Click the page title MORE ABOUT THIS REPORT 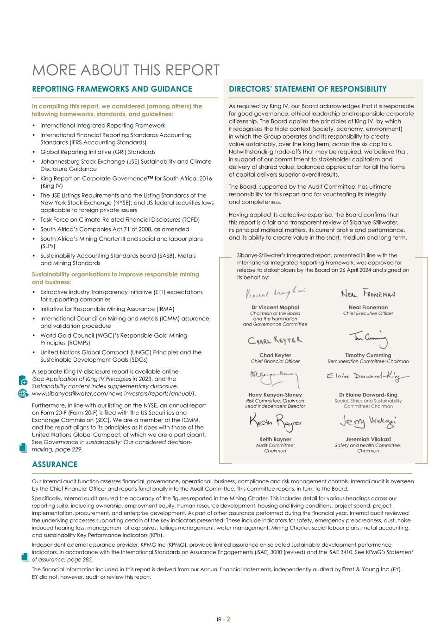(x=126, y=70)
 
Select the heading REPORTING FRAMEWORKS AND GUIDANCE (x=112, y=89)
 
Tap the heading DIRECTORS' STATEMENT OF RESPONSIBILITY (x=308, y=89)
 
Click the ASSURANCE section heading (x=55, y=464)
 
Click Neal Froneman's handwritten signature (x=368, y=294)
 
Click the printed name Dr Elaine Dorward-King (x=368, y=395)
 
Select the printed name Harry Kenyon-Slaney (x=275, y=395)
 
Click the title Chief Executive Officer (x=368, y=313)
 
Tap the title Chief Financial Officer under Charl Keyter (x=275, y=361)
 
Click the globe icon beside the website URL (x=23, y=394)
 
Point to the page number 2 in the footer (x=228, y=619)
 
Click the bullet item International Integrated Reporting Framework (x=102, y=126)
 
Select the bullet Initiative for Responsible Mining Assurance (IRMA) (x=101, y=309)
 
